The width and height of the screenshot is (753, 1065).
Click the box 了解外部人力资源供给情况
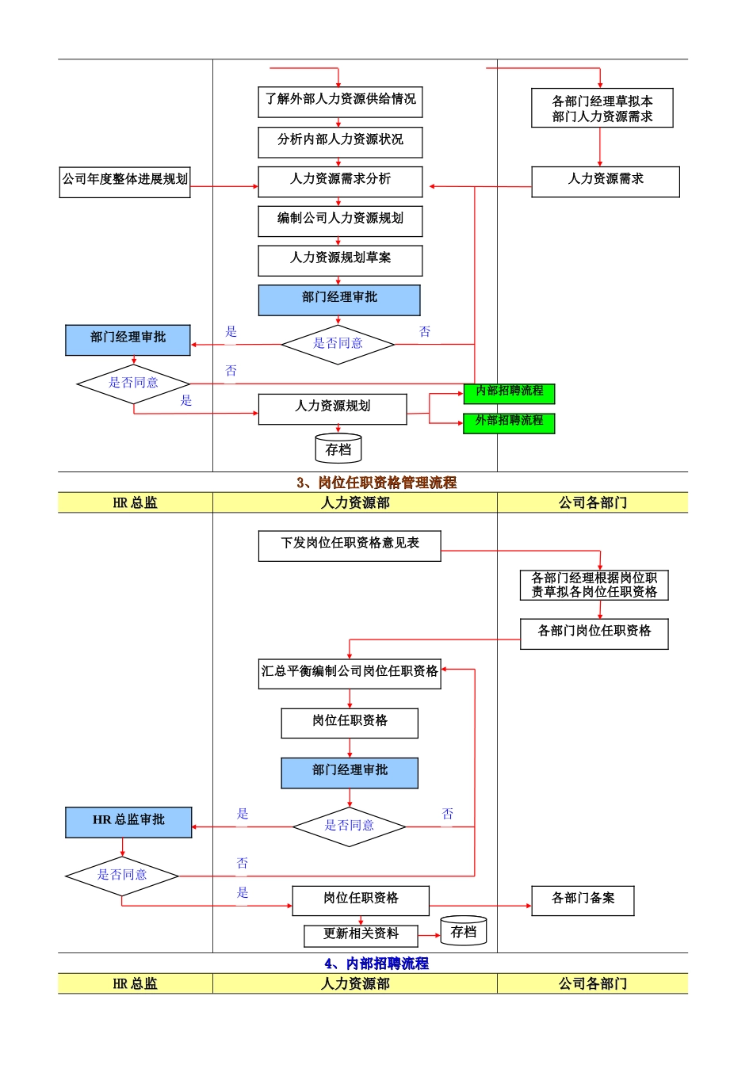click(340, 101)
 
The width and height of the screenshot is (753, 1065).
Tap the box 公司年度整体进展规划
click(125, 181)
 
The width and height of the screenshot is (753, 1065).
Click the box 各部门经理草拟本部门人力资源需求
click(602, 109)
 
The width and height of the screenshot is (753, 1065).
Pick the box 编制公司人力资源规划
click(340, 220)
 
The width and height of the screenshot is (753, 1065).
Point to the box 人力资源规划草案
click(340, 260)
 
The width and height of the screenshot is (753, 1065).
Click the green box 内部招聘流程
click(509, 393)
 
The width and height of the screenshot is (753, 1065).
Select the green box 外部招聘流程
click(509, 422)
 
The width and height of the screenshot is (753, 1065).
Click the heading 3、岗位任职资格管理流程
click(376, 483)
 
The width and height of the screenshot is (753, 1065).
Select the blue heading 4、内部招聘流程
click(376, 964)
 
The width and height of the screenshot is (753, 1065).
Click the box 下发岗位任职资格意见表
click(350, 545)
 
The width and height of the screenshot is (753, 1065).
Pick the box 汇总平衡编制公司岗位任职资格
click(350, 673)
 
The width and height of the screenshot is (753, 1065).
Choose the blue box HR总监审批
click(128, 822)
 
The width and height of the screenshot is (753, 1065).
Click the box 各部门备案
click(583, 900)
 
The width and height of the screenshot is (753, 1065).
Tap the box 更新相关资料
click(361, 935)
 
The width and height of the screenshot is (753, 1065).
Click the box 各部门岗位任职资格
click(594, 633)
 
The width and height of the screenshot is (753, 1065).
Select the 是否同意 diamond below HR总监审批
click(122, 876)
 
